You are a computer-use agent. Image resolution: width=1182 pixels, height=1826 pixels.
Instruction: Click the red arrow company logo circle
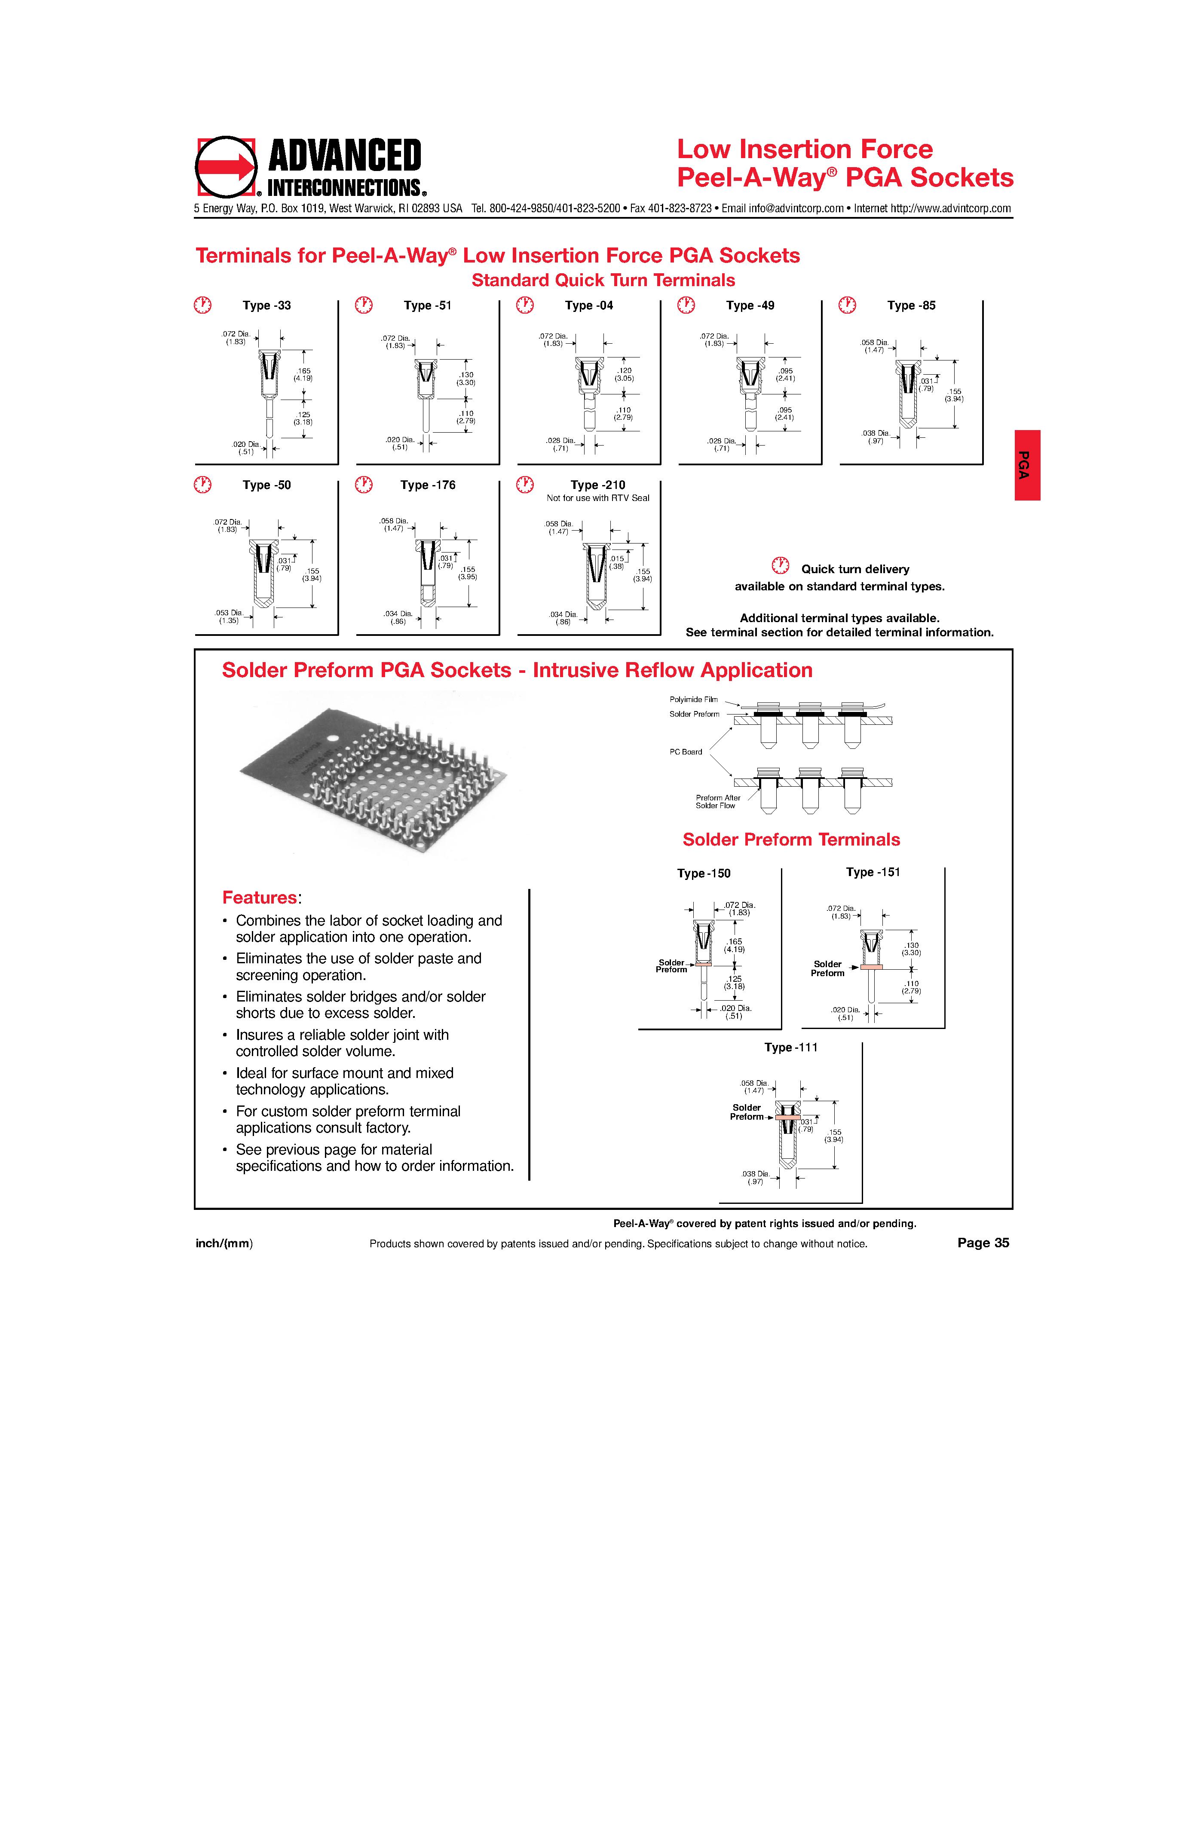tap(226, 167)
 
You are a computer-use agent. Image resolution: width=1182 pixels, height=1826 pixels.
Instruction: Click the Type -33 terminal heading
tap(266, 305)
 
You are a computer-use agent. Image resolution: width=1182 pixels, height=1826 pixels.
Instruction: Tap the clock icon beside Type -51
tap(364, 305)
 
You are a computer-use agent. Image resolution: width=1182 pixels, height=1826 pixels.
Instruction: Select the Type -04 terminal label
tap(589, 305)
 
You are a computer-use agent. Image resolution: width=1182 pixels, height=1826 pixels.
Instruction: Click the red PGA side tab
tap(1027, 465)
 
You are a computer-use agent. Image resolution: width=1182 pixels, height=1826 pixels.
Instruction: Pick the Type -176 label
tap(428, 485)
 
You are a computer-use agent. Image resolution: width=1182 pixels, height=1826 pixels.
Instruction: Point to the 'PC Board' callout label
tap(686, 752)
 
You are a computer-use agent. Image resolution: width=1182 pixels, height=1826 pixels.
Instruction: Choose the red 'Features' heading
tap(260, 898)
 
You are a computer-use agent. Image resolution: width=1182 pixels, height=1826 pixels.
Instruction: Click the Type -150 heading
tap(704, 873)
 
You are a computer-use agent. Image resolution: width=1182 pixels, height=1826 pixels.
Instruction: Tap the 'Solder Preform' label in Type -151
tap(827, 968)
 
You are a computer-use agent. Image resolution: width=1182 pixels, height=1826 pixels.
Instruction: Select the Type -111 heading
tap(790, 1047)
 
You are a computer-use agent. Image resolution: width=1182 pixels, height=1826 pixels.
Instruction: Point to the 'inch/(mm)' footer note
tap(224, 1244)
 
